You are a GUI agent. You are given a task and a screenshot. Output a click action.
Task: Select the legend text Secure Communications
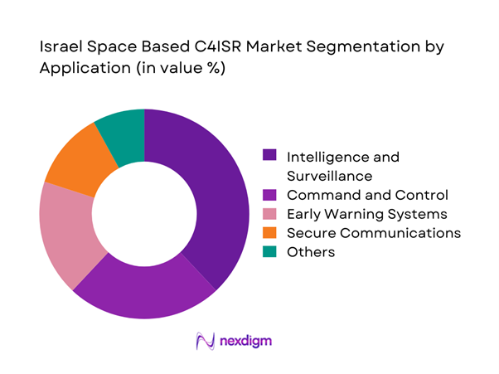[x=373, y=233]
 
